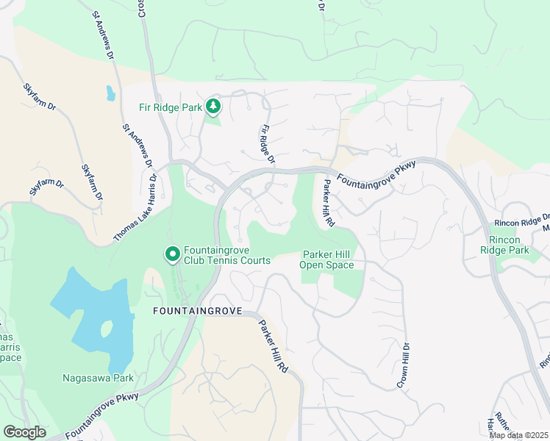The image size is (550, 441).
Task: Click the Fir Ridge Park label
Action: (x=171, y=107)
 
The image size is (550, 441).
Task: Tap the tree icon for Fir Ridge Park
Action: (x=213, y=107)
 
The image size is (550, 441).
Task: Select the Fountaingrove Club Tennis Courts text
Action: (x=227, y=254)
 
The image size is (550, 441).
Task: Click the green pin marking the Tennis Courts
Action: (x=173, y=254)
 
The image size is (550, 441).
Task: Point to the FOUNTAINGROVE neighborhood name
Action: (x=197, y=311)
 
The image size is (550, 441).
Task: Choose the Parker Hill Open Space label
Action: (x=328, y=259)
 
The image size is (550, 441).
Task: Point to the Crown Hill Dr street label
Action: (x=403, y=365)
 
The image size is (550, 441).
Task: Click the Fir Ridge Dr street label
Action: (x=267, y=143)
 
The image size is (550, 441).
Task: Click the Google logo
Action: (x=24, y=432)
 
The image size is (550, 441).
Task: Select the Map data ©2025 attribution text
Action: (x=518, y=435)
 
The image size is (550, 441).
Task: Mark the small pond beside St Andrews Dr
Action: (x=110, y=93)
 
